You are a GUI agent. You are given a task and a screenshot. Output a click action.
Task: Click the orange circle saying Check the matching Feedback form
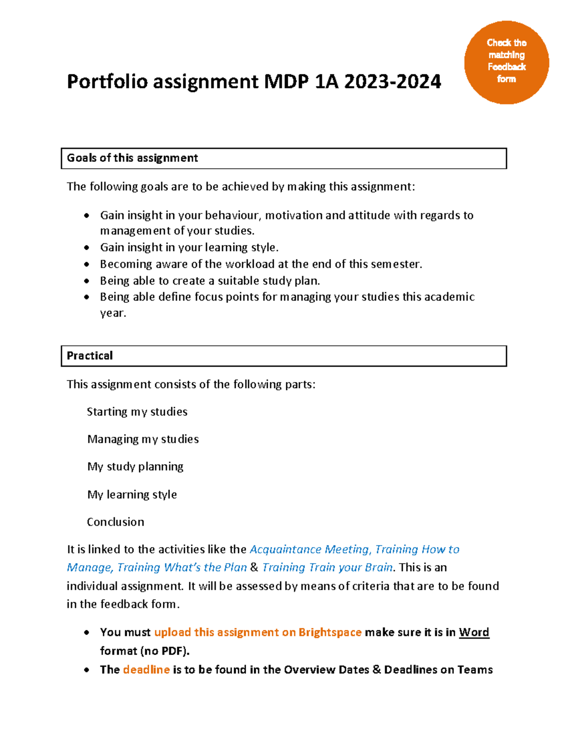coord(506,62)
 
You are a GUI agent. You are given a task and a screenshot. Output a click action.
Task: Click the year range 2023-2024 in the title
coord(392,81)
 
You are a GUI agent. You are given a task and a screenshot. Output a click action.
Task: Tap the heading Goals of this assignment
coord(132,158)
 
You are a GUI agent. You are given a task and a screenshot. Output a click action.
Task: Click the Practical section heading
coord(90,356)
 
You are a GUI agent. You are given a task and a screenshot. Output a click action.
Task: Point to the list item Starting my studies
coord(137,412)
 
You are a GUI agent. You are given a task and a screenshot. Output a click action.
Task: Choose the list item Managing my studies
coord(143,439)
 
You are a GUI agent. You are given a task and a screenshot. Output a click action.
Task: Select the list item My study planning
coord(135,467)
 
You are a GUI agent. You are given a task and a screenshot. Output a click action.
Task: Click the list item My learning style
coord(132,495)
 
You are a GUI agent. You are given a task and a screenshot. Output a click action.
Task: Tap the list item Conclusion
coord(115,522)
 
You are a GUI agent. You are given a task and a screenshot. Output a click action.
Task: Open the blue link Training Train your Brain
coord(328,567)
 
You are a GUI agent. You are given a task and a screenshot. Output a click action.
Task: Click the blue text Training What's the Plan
coord(182,567)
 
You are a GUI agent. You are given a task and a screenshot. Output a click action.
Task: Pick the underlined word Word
coord(474,633)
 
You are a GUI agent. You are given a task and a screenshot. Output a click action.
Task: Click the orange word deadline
coord(146,670)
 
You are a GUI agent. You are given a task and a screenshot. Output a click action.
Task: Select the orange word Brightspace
coord(330,633)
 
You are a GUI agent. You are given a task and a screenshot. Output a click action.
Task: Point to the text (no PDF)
coord(165,651)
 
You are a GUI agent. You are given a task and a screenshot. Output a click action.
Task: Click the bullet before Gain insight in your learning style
coord(87,248)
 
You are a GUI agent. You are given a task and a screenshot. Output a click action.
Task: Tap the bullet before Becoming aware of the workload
coord(87,264)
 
